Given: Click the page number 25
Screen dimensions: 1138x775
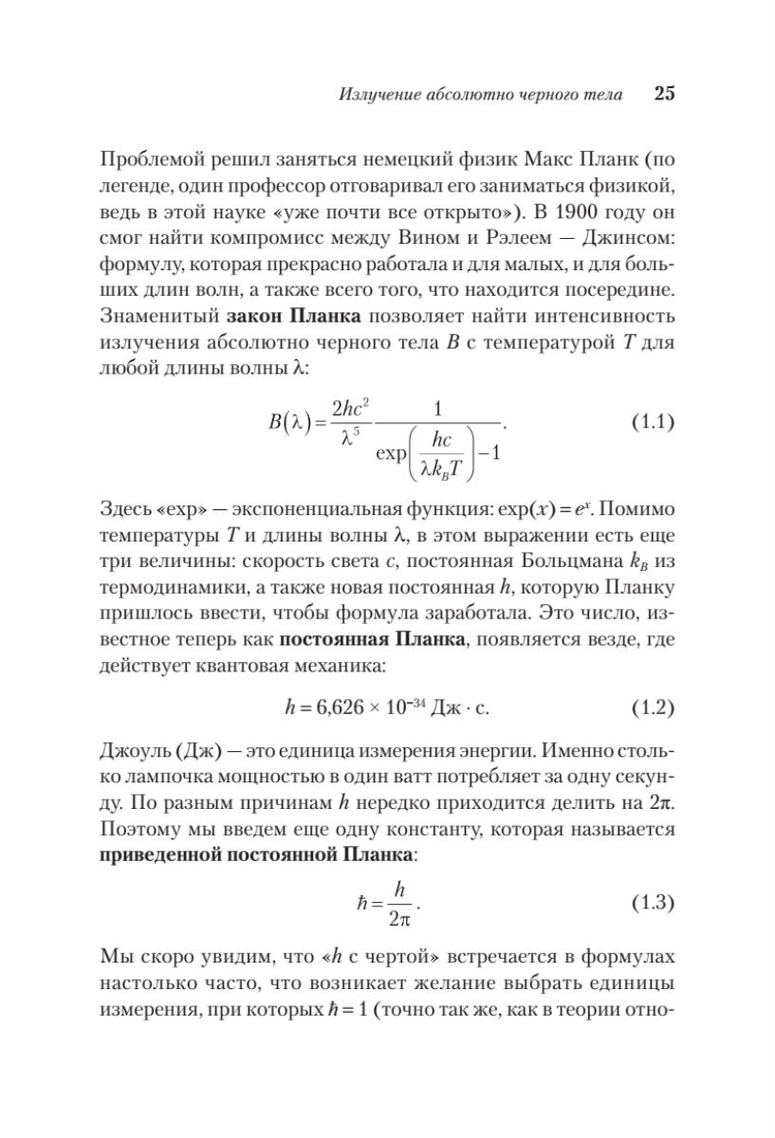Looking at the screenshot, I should [x=663, y=94].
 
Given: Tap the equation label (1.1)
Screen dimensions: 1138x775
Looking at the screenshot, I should [x=652, y=423].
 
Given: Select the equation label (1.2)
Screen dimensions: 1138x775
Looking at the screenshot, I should [x=652, y=707].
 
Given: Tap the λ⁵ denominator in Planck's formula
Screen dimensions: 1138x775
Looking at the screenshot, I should [x=350, y=440].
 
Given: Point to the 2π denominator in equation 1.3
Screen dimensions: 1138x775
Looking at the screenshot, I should [x=399, y=920].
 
